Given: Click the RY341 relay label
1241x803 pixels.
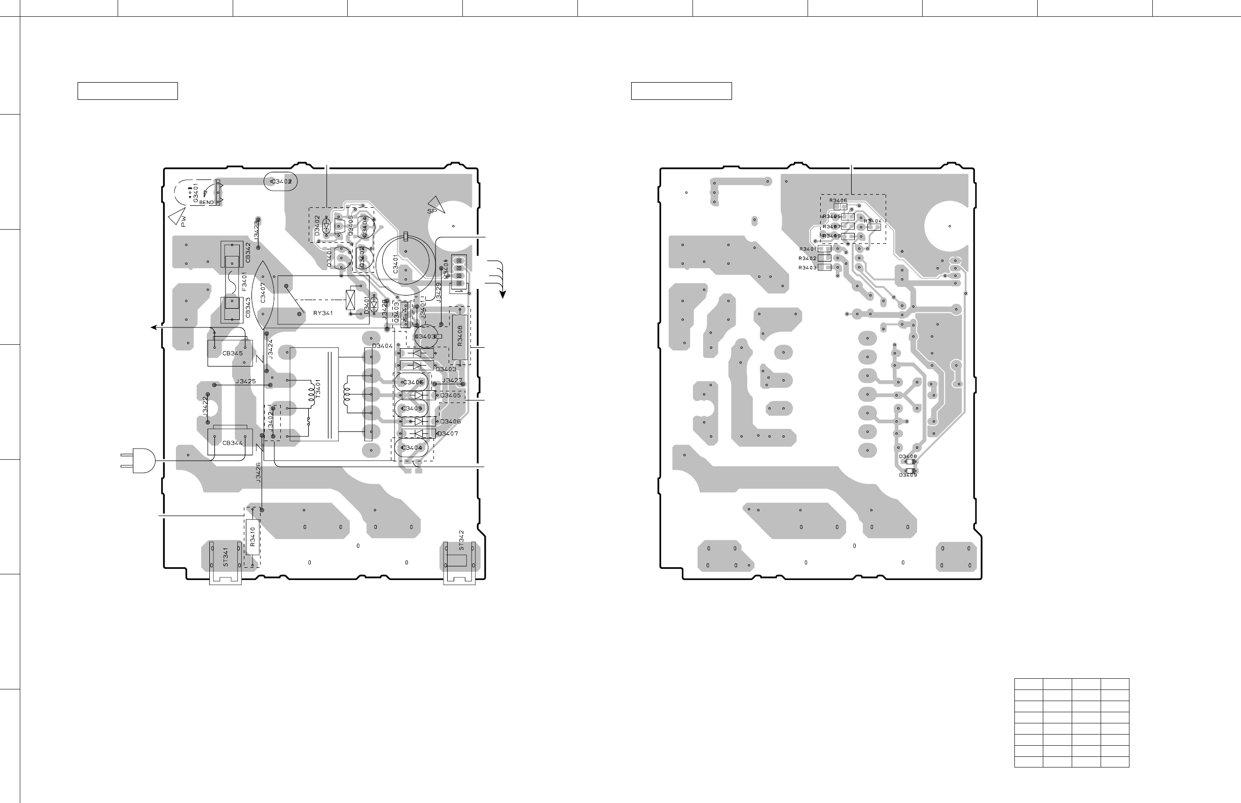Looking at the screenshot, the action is (x=322, y=313).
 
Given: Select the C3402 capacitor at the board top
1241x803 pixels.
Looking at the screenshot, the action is (x=281, y=181).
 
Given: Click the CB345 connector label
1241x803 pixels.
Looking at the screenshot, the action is (x=233, y=353).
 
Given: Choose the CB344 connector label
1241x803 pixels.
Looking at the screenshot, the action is (x=233, y=443).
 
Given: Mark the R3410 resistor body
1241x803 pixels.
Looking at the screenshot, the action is (x=252, y=536).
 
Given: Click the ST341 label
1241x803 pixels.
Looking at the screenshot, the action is (x=226, y=558).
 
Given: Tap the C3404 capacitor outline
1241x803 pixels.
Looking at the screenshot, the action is (x=412, y=448).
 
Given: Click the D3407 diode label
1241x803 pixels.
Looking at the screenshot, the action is (x=448, y=434).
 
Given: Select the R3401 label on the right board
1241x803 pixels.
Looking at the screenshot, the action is (x=807, y=249).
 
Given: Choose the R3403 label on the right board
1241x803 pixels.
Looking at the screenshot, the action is (x=807, y=268).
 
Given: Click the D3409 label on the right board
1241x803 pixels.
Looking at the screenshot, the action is (x=907, y=475).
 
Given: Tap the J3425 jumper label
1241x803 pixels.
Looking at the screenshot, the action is (x=245, y=382).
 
